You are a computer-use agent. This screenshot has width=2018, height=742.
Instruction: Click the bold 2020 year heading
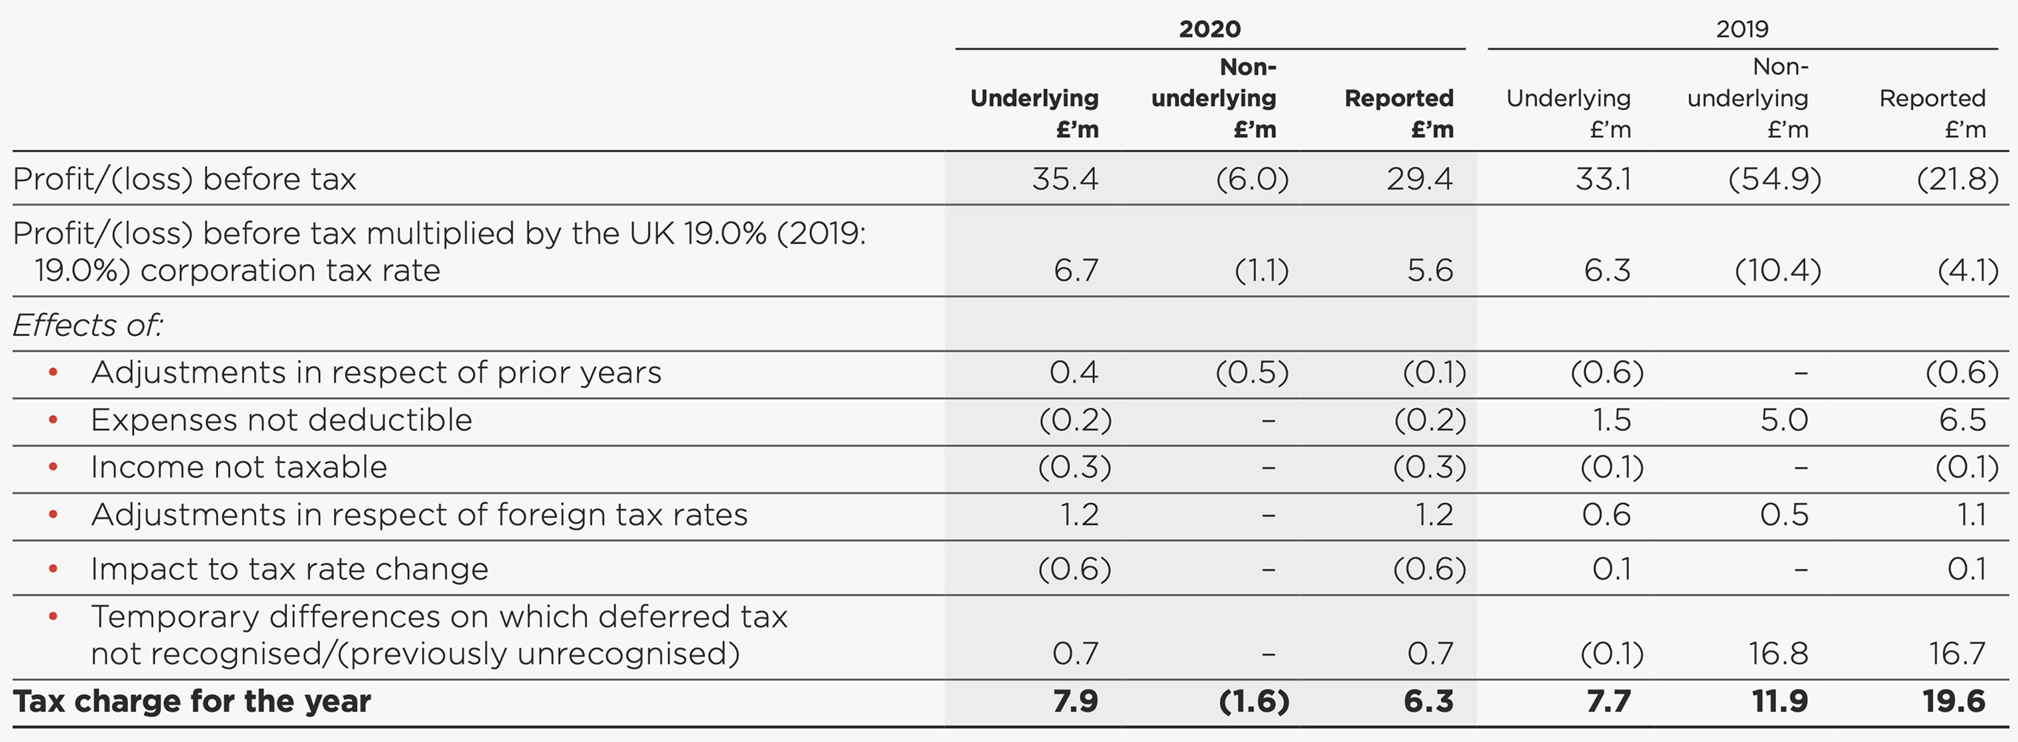(x=1209, y=29)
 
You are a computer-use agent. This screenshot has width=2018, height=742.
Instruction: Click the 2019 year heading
(x=1742, y=29)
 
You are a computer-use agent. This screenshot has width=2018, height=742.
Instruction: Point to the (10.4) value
(x=1777, y=271)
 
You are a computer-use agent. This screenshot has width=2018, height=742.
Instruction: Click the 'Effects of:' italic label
(x=87, y=324)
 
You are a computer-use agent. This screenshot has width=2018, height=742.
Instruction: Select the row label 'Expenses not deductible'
(x=281, y=420)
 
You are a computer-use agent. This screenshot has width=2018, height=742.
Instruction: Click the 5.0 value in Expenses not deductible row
(x=1784, y=420)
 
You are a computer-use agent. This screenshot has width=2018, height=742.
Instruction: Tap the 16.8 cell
(x=1778, y=652)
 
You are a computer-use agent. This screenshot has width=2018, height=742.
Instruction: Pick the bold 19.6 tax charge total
(x=1954, y=700)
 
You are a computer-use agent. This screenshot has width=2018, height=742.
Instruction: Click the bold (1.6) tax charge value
(x=1253, y=700)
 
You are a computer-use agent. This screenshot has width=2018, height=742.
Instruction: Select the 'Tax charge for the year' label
(x=192, y=700)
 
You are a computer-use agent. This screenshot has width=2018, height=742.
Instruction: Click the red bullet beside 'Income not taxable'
(x=53, y=467)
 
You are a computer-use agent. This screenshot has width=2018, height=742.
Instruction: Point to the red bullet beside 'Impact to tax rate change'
(x=53, y=569)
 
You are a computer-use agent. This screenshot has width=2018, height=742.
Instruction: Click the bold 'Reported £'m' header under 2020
(x=1399, y=113)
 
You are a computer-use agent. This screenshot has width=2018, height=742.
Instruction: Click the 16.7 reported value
(x=1956, y=652)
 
